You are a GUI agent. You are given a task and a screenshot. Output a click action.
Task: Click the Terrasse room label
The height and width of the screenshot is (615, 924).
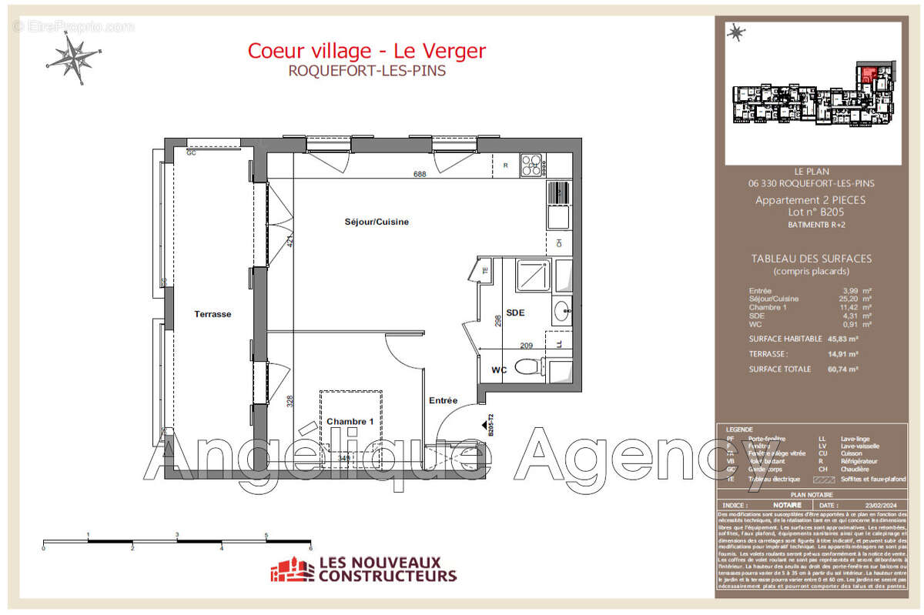[213, 314]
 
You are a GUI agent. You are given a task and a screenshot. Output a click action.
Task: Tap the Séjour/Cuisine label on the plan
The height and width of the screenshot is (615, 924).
[377, 222]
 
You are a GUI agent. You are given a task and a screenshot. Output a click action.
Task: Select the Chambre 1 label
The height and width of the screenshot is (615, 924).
[350, 422]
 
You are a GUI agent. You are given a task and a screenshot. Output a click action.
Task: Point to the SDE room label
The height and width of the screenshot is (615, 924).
[515, 313]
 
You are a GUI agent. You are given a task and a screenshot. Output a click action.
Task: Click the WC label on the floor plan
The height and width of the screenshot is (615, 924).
[499, 370]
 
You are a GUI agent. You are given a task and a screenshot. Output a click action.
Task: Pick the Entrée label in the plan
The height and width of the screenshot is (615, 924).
[444, 400]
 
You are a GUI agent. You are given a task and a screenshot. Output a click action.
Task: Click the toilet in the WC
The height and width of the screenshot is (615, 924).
[527, 367]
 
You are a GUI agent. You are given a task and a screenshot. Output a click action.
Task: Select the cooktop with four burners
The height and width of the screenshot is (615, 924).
[531, 164]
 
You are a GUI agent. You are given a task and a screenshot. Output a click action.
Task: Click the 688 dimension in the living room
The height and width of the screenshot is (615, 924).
[420, 174]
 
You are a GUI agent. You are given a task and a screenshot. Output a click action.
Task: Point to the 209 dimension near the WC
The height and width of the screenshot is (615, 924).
[527, 346]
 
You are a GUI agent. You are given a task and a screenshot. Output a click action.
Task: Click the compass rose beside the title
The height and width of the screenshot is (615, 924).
[74, 58]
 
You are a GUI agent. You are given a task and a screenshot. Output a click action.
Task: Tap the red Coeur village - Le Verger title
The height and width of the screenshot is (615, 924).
[367, 51]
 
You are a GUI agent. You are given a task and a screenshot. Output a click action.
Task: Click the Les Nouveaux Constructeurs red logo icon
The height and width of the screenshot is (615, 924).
[292, 570]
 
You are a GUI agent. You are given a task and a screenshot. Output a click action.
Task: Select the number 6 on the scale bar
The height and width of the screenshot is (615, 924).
[310, 549]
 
